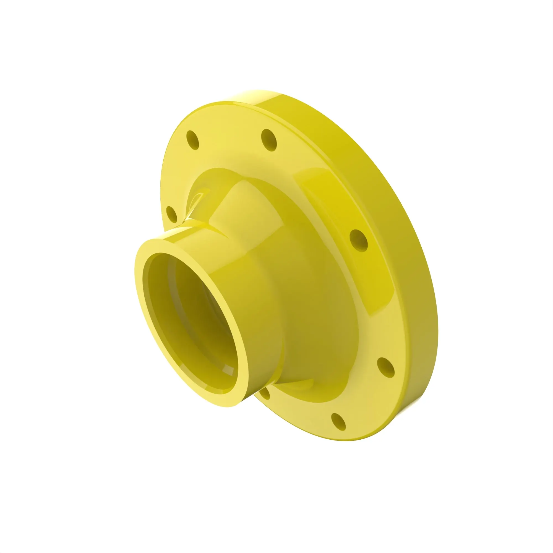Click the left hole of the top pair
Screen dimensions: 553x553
[192, 140]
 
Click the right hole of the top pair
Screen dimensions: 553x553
[269, 140]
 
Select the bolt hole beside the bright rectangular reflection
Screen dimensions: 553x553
[359, 241]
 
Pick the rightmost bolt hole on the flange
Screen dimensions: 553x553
[385, 367]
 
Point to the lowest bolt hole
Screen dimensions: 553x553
[338, 422]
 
